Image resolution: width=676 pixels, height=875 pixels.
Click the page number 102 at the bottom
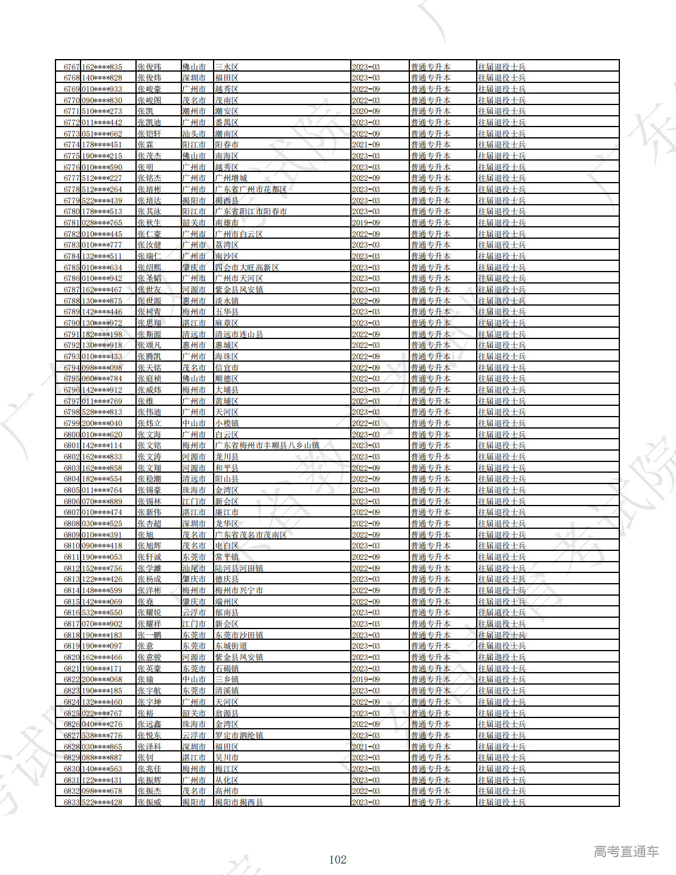tap(338, 859)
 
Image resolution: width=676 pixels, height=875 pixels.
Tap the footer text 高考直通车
tap(626, 852)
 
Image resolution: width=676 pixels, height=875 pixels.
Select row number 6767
tap(72, 67)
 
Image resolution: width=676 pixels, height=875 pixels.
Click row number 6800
tap(72, 435)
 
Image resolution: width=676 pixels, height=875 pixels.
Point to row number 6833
tap(72, 802)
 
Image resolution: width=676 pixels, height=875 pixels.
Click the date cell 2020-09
tap(366, 112)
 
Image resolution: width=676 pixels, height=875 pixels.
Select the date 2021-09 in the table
tap(366, 145)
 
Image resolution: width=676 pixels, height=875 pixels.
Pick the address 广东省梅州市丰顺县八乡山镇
tap(267, 446)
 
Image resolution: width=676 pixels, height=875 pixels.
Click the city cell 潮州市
tap(194, 112)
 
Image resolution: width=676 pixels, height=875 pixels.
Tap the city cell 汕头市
tap(194, 134)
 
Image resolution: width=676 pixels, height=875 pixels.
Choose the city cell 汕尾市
tap(194, 568)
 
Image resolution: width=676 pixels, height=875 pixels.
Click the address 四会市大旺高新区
tap(246, 267)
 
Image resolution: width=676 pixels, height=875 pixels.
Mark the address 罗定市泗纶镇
tap(239, 735)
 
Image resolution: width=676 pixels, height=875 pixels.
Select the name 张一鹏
tap(149, 635)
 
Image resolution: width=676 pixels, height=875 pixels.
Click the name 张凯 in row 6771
tap(145, 112)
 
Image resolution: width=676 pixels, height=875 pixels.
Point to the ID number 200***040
tap(102, 423)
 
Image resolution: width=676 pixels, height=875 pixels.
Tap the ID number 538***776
tap(102, 735)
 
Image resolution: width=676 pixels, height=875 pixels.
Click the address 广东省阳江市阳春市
tap(251, 212)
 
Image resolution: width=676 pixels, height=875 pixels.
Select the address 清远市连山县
tap(239, 334)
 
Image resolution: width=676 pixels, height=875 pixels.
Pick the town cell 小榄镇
tap(227, 423)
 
